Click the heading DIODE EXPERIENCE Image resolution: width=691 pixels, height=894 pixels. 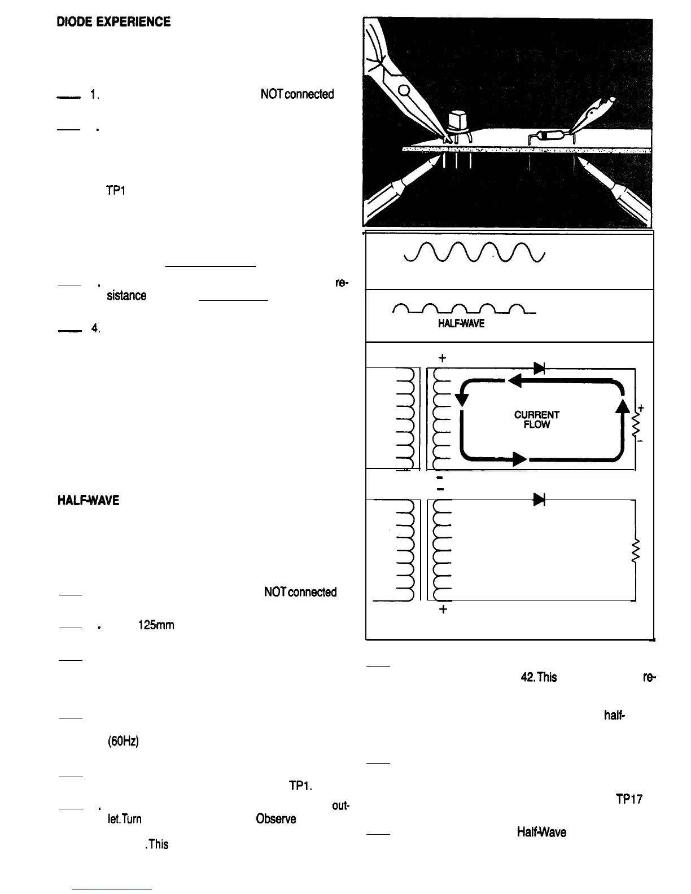[113, 22]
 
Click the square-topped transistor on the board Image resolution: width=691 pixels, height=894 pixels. [459, 121]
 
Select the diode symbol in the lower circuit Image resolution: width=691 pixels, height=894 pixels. [539, 499]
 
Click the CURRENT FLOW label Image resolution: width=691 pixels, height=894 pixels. [536, 419]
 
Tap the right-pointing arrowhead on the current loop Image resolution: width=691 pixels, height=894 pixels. [518, 459]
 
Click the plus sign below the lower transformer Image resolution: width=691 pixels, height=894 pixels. [443, 610]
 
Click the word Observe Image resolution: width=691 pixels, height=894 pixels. [275, 818]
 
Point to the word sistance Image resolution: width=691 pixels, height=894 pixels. [126, 295]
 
